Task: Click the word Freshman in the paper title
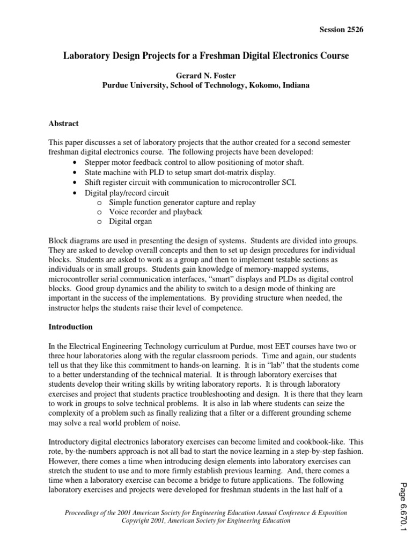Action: coord(217,56)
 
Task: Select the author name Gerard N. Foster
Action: coord(206,75)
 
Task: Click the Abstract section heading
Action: coord(64,124)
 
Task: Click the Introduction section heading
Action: coord(71,327)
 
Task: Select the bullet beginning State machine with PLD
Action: coord(173,172)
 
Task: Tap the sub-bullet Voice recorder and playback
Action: coord(156,212)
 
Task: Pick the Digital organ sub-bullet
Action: coord(130,221)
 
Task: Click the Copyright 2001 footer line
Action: coord(206,521)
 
